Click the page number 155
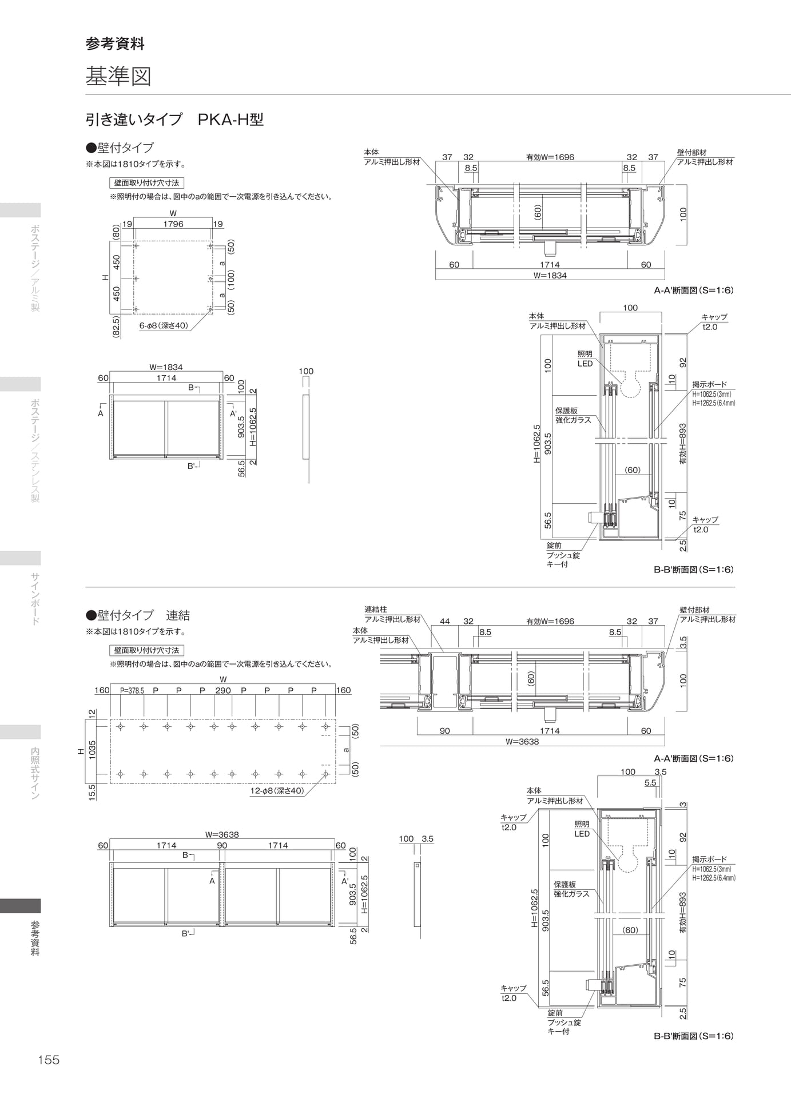[x=49, y=1060]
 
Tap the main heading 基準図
[x=118, y=76]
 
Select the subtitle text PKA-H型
[x=230, y=120]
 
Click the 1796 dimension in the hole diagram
[x=173, y=224]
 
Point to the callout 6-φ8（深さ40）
[x=164, y=325]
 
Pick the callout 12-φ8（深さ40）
[x=277, y=791]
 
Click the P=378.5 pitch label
[x=132, y=690]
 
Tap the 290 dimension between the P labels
[x=223, y=690]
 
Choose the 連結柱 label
[x=376, y=610]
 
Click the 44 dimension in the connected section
[x=445, y=621]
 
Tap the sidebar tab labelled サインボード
[x=35, y=599]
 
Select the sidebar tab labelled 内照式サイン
[x=35, y=773]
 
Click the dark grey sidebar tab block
[x=21, y=906]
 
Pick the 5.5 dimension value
[x=650, y=783]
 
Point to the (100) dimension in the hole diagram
[x=231, y=279]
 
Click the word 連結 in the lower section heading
[x=178, y=615]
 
